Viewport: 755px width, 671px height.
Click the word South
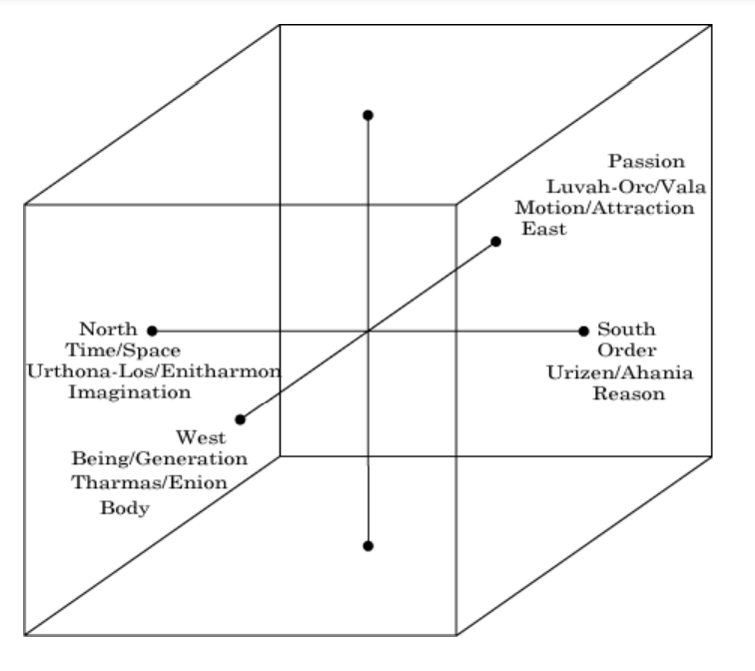(x=627, y=329)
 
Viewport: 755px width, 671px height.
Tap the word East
(x=544, y=229)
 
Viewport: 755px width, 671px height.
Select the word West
(x=201, y=437)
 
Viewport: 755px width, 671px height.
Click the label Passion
(x=647, y=161)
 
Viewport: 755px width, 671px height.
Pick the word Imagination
(x=129, y=392)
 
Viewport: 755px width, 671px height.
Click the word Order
(x=626, y=350)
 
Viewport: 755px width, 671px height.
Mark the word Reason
(x=629, y=393)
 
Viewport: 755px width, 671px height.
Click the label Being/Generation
(x=160, y=459)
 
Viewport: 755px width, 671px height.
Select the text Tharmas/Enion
(x=150, y=482)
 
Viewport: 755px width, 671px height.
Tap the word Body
(x=124, y=508)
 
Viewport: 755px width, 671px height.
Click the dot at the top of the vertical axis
(x=369, y=115)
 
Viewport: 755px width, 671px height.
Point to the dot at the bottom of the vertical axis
(x=369, y=546)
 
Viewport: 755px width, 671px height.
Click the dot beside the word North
(x=152, y=330)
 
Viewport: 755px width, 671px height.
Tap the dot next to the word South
(x=584, y=331)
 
